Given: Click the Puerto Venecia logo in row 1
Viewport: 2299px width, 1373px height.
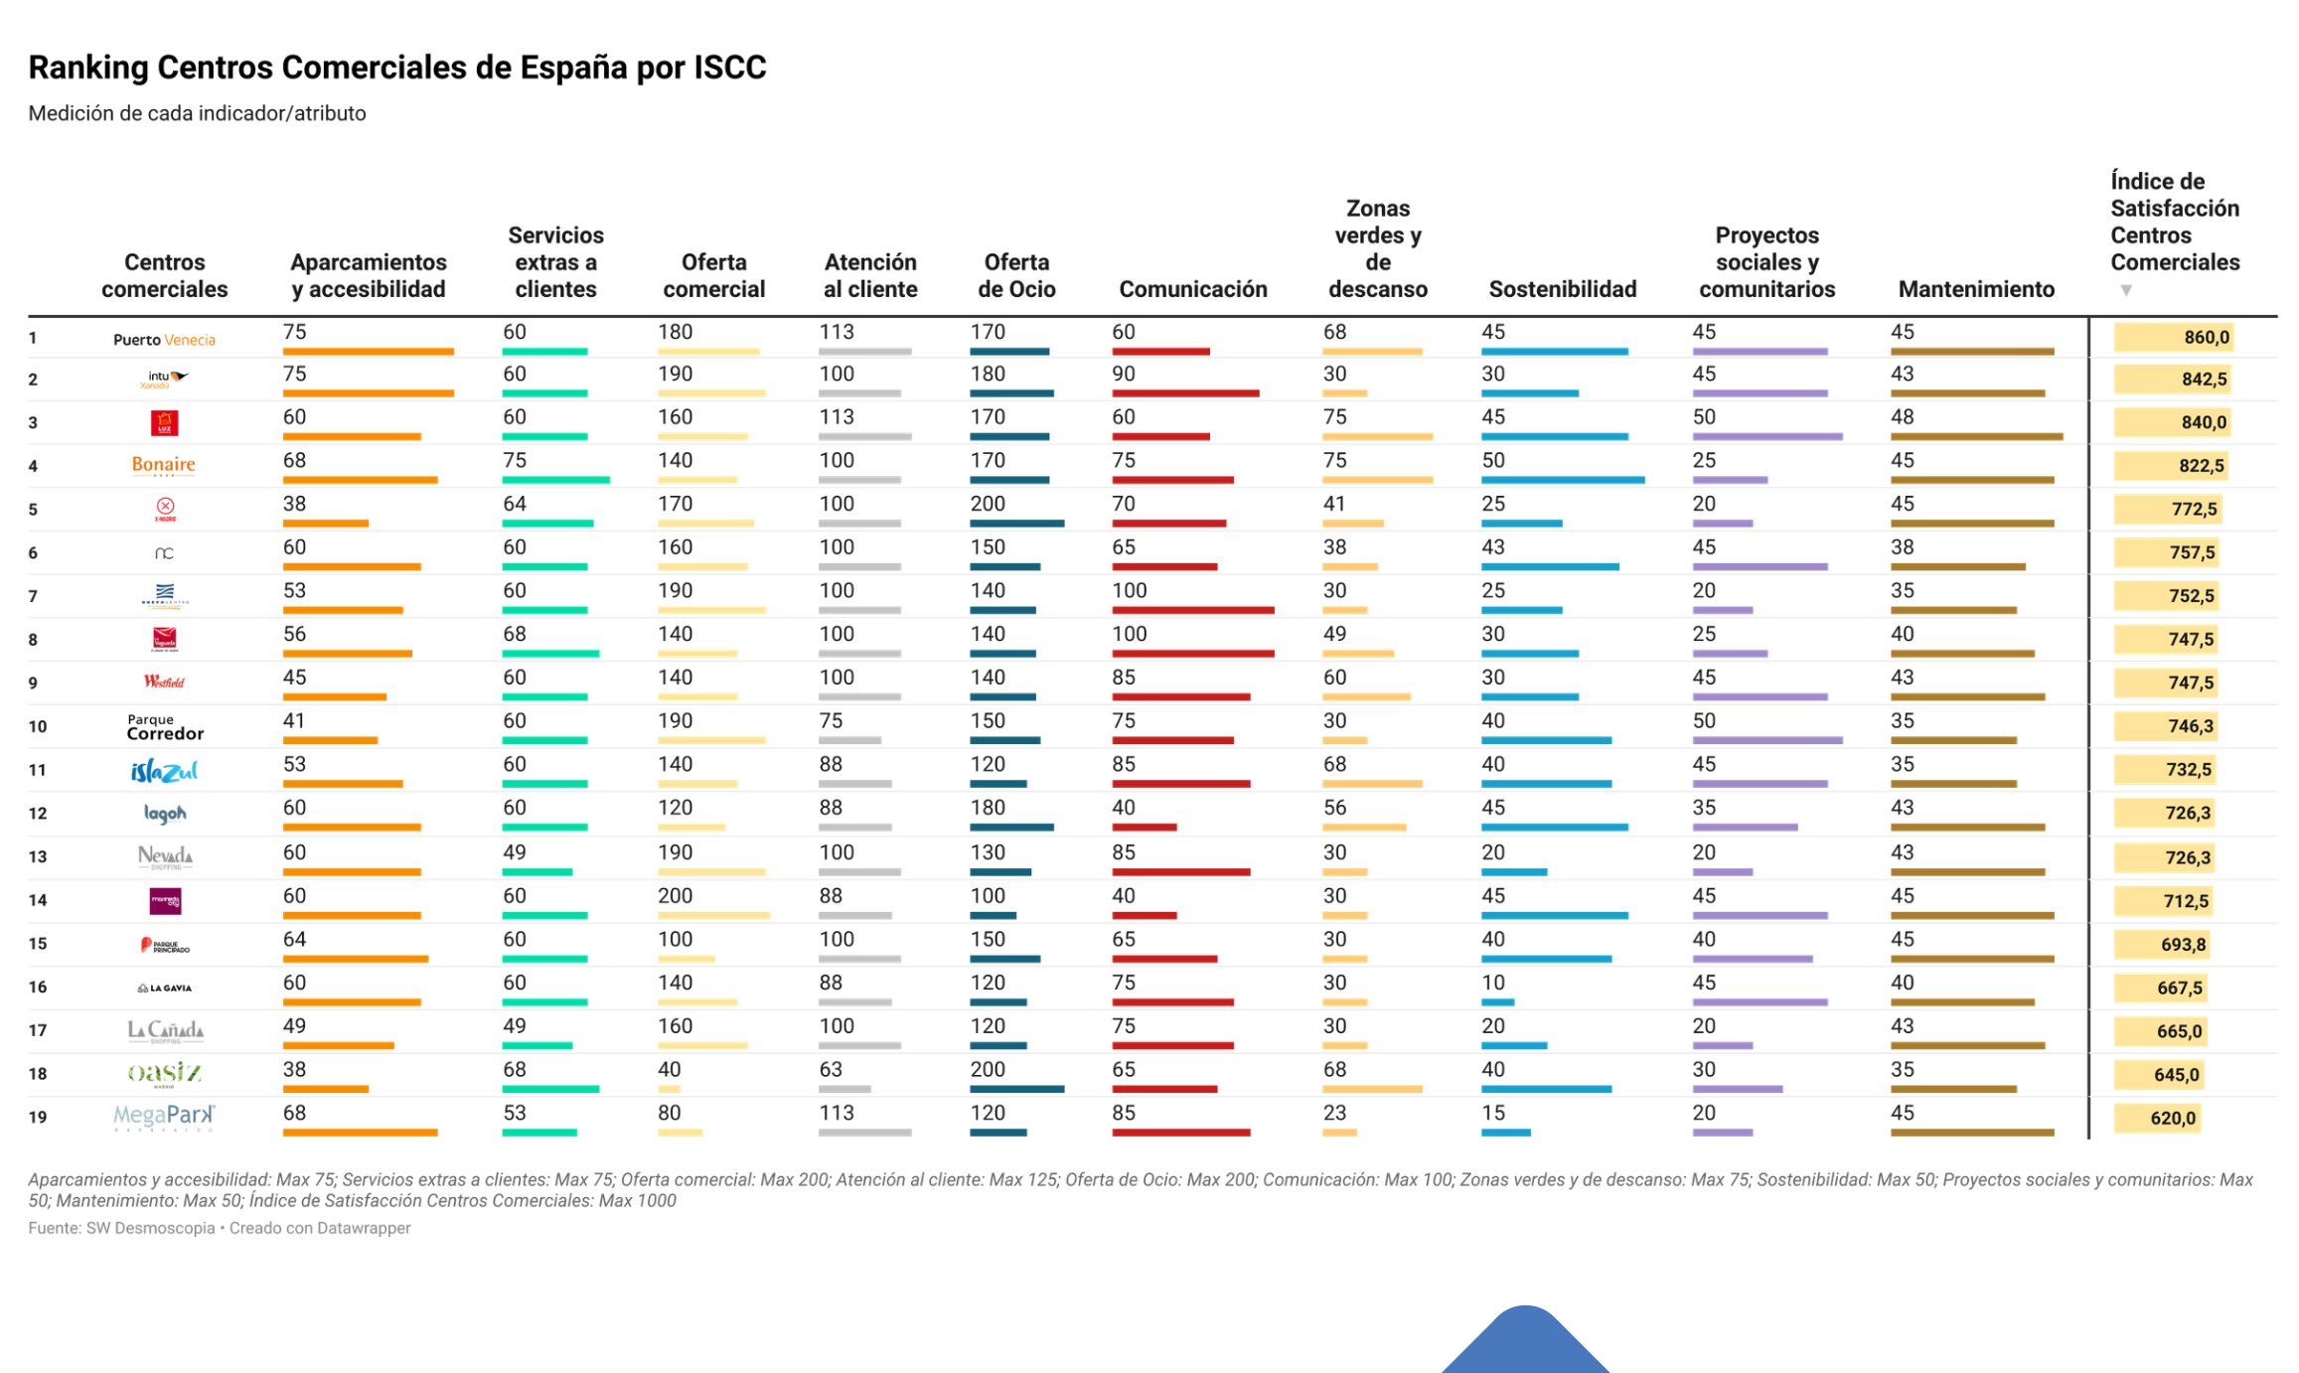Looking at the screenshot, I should (164, 340).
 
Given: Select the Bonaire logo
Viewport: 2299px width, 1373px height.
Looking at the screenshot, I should (164, 465).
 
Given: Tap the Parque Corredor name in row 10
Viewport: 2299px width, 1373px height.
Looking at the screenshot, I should (165, 727).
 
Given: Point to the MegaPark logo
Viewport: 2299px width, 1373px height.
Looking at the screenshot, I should (164, 1117).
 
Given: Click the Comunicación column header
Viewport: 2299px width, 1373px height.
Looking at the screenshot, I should (1192, 289).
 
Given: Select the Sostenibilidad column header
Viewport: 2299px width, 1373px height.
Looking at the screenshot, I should (1562, 289).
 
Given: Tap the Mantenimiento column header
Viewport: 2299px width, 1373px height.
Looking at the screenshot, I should (1975, 289).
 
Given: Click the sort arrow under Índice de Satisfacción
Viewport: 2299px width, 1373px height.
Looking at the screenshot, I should (2125, 290).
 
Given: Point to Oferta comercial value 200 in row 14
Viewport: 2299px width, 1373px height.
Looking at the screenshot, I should (675, 896).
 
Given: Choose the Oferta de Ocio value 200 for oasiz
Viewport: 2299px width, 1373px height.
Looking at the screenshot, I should (988, 1070).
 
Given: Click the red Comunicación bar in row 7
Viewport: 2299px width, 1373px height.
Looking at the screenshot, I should (1192, 610).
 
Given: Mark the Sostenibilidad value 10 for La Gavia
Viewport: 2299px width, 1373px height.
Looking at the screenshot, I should (1493, 983).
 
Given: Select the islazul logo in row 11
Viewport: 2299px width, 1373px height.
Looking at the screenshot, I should (164, 771).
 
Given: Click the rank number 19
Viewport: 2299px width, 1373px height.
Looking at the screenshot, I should (38, 1118).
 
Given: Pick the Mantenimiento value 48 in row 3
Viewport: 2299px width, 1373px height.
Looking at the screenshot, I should (1902, 417).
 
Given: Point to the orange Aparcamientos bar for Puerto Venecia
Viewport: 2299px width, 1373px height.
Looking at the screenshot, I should (368, 352).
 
